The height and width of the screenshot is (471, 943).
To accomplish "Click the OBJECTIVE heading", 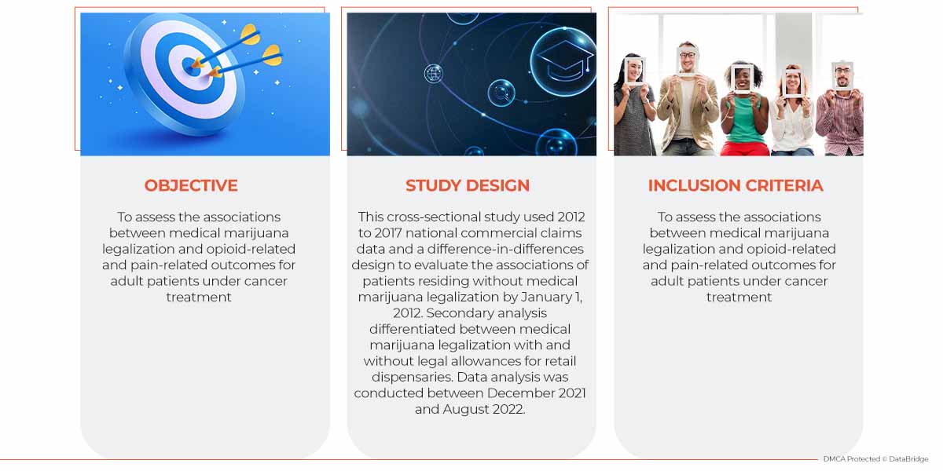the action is (191, 185).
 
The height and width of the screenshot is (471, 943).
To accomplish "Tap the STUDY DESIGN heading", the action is (468, 185).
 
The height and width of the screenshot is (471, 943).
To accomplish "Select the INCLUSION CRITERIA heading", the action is (735, 185).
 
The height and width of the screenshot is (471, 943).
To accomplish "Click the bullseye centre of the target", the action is (192, 67).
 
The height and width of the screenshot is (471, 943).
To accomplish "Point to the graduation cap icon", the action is (565, 60).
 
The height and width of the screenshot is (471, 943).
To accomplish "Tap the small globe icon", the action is (434, 74).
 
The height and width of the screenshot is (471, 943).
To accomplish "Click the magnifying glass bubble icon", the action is (501, 93).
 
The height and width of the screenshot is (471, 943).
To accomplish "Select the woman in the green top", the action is (743, 110).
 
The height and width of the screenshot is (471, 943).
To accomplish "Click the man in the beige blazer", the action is (686, 99).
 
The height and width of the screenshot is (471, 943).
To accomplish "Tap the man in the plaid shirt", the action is (840, 109).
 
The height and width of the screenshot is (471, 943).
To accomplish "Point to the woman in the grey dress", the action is (633, 105).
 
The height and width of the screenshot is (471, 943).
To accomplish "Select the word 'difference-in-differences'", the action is (505, 249).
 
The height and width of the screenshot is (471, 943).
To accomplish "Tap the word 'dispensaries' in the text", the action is (412, 377).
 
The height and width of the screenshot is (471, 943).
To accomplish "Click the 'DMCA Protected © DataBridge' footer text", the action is (875, 458).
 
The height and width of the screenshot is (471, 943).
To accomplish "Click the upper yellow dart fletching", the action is (250, 35).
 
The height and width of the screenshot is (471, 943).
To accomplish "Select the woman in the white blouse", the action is (792, 111).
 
